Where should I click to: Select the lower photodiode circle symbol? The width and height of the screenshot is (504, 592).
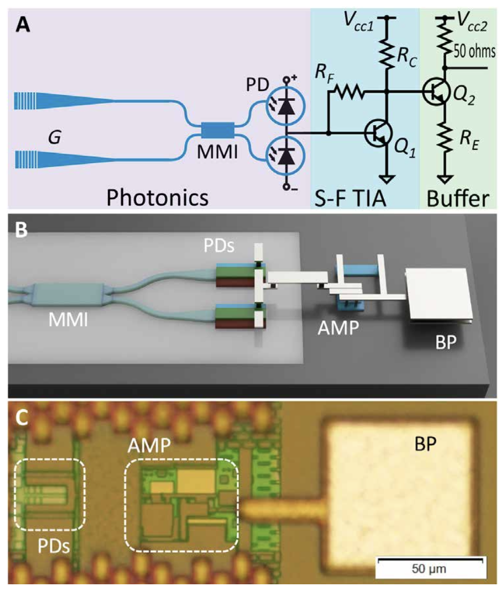click(x=285, y=156)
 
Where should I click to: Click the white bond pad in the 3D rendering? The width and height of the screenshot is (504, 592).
click(x=438, y=294)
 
